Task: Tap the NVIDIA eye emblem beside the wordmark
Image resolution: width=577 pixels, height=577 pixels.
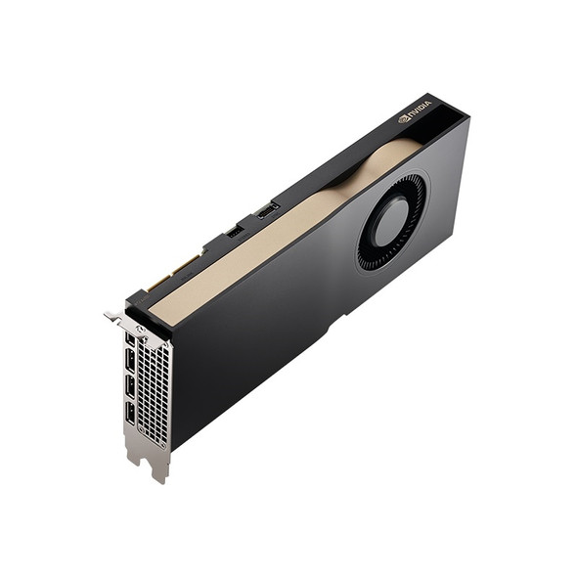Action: tap(404, 118)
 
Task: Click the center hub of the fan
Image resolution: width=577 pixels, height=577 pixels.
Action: tap(390, 222)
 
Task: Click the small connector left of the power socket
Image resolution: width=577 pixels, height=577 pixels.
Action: tap(234, 231)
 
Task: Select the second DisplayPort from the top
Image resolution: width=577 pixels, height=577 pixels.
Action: tap(129, 363)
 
